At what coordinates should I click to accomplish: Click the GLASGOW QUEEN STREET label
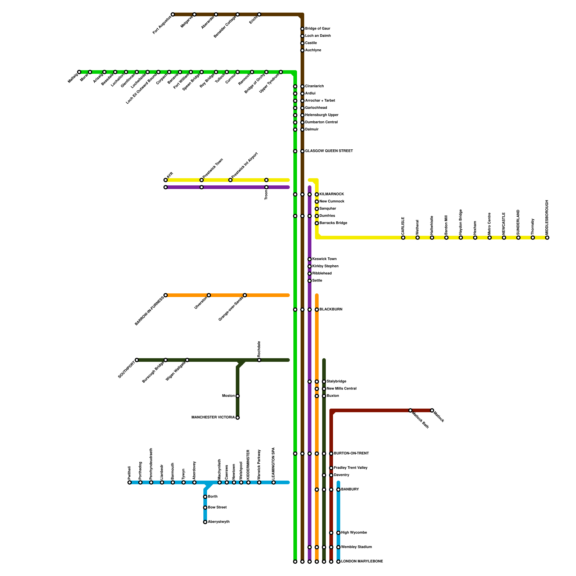click(329, 151)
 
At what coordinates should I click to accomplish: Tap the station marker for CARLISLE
click(403, 238)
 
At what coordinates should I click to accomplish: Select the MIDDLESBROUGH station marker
click(547, 238)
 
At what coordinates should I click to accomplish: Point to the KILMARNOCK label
click(332, 194)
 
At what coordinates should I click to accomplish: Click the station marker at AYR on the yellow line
click(166, 180)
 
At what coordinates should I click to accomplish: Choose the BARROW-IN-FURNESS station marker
click(166, 295)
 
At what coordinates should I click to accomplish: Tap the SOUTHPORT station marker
click(137, 360)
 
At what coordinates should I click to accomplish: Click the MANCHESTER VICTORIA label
click(213, 418)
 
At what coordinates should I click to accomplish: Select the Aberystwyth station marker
click(205, 522)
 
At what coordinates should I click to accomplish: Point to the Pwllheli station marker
click(130, 482)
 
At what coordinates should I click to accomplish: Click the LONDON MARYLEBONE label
click(362, 562)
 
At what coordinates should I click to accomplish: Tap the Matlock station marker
click(432, 410)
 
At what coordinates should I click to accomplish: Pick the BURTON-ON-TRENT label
click(351, 454)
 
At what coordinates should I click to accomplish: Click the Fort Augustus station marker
click(173, 14)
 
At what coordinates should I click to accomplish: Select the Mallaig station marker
click(79, 72)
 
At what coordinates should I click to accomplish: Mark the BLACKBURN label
click(331, 310)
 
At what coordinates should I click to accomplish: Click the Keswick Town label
click(324, 259)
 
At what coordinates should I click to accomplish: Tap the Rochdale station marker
click(259, 360)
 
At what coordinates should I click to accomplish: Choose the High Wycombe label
click(354, 533)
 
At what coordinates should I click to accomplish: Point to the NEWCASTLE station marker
click(504, 238)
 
